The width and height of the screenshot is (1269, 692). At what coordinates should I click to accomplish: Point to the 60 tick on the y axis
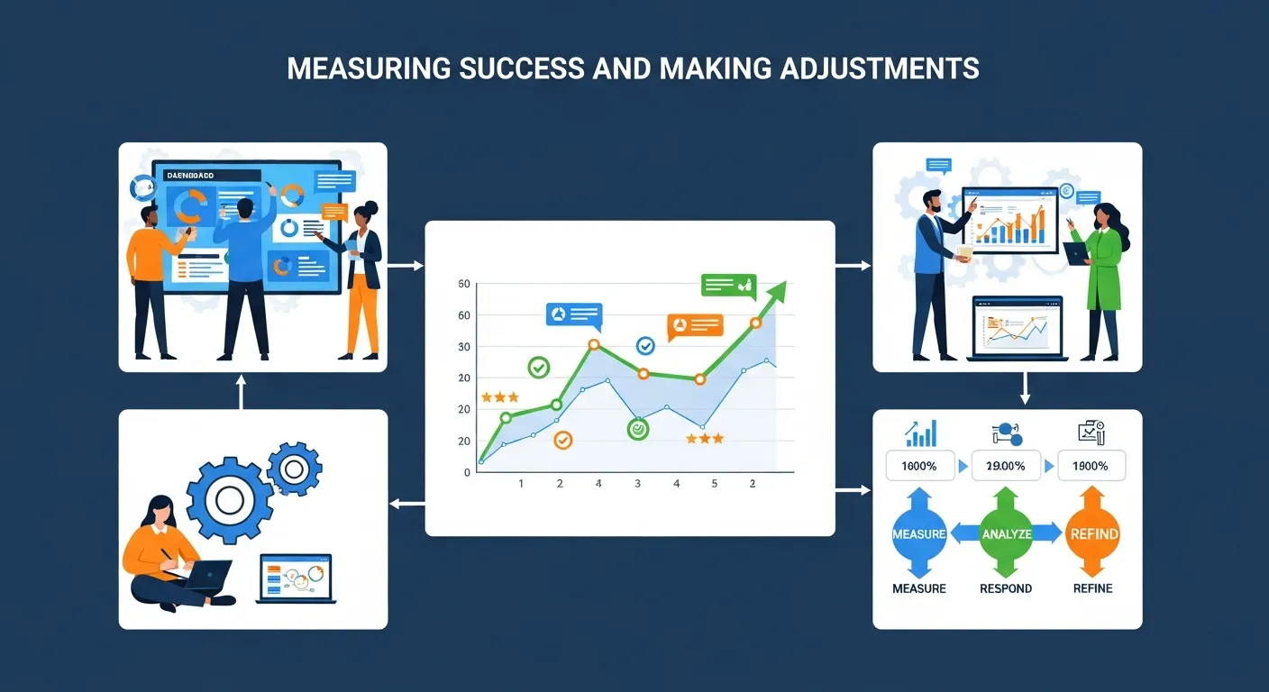(x=464, y=315)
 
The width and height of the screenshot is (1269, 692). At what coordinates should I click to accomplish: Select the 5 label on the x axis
(x=715, y=484)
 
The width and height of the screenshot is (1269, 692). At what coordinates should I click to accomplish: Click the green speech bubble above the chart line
(x=728, y=286)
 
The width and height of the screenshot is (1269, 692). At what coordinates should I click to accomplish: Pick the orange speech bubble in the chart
(x=694, y=325)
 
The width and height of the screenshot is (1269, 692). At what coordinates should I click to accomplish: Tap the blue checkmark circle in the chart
(x=645, y=345)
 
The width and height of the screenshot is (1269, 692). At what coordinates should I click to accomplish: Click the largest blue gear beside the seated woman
(x=229, y=500)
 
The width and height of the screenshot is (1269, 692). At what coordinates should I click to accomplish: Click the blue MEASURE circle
(x=918, y=533)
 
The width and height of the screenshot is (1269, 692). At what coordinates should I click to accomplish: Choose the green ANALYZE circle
(x=1008, y=533)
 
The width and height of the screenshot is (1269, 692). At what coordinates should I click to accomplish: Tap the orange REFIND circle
(x=1093, y=533)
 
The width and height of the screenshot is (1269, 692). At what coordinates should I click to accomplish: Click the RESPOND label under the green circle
(x=1006, y=588)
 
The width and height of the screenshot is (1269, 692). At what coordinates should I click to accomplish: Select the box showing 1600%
(x=918, y=466)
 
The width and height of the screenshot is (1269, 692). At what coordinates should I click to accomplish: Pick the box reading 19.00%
(x=1007, y=466)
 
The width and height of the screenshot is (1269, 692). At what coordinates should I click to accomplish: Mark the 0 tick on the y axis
(x=467, y=472)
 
